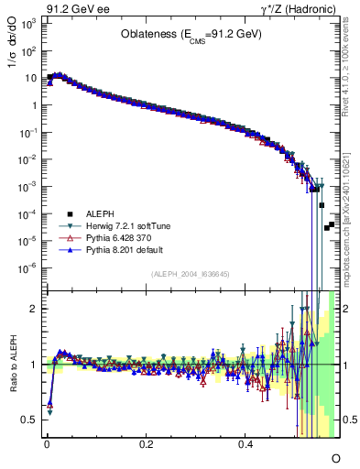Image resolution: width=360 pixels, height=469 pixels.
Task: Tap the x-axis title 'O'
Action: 335,457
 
